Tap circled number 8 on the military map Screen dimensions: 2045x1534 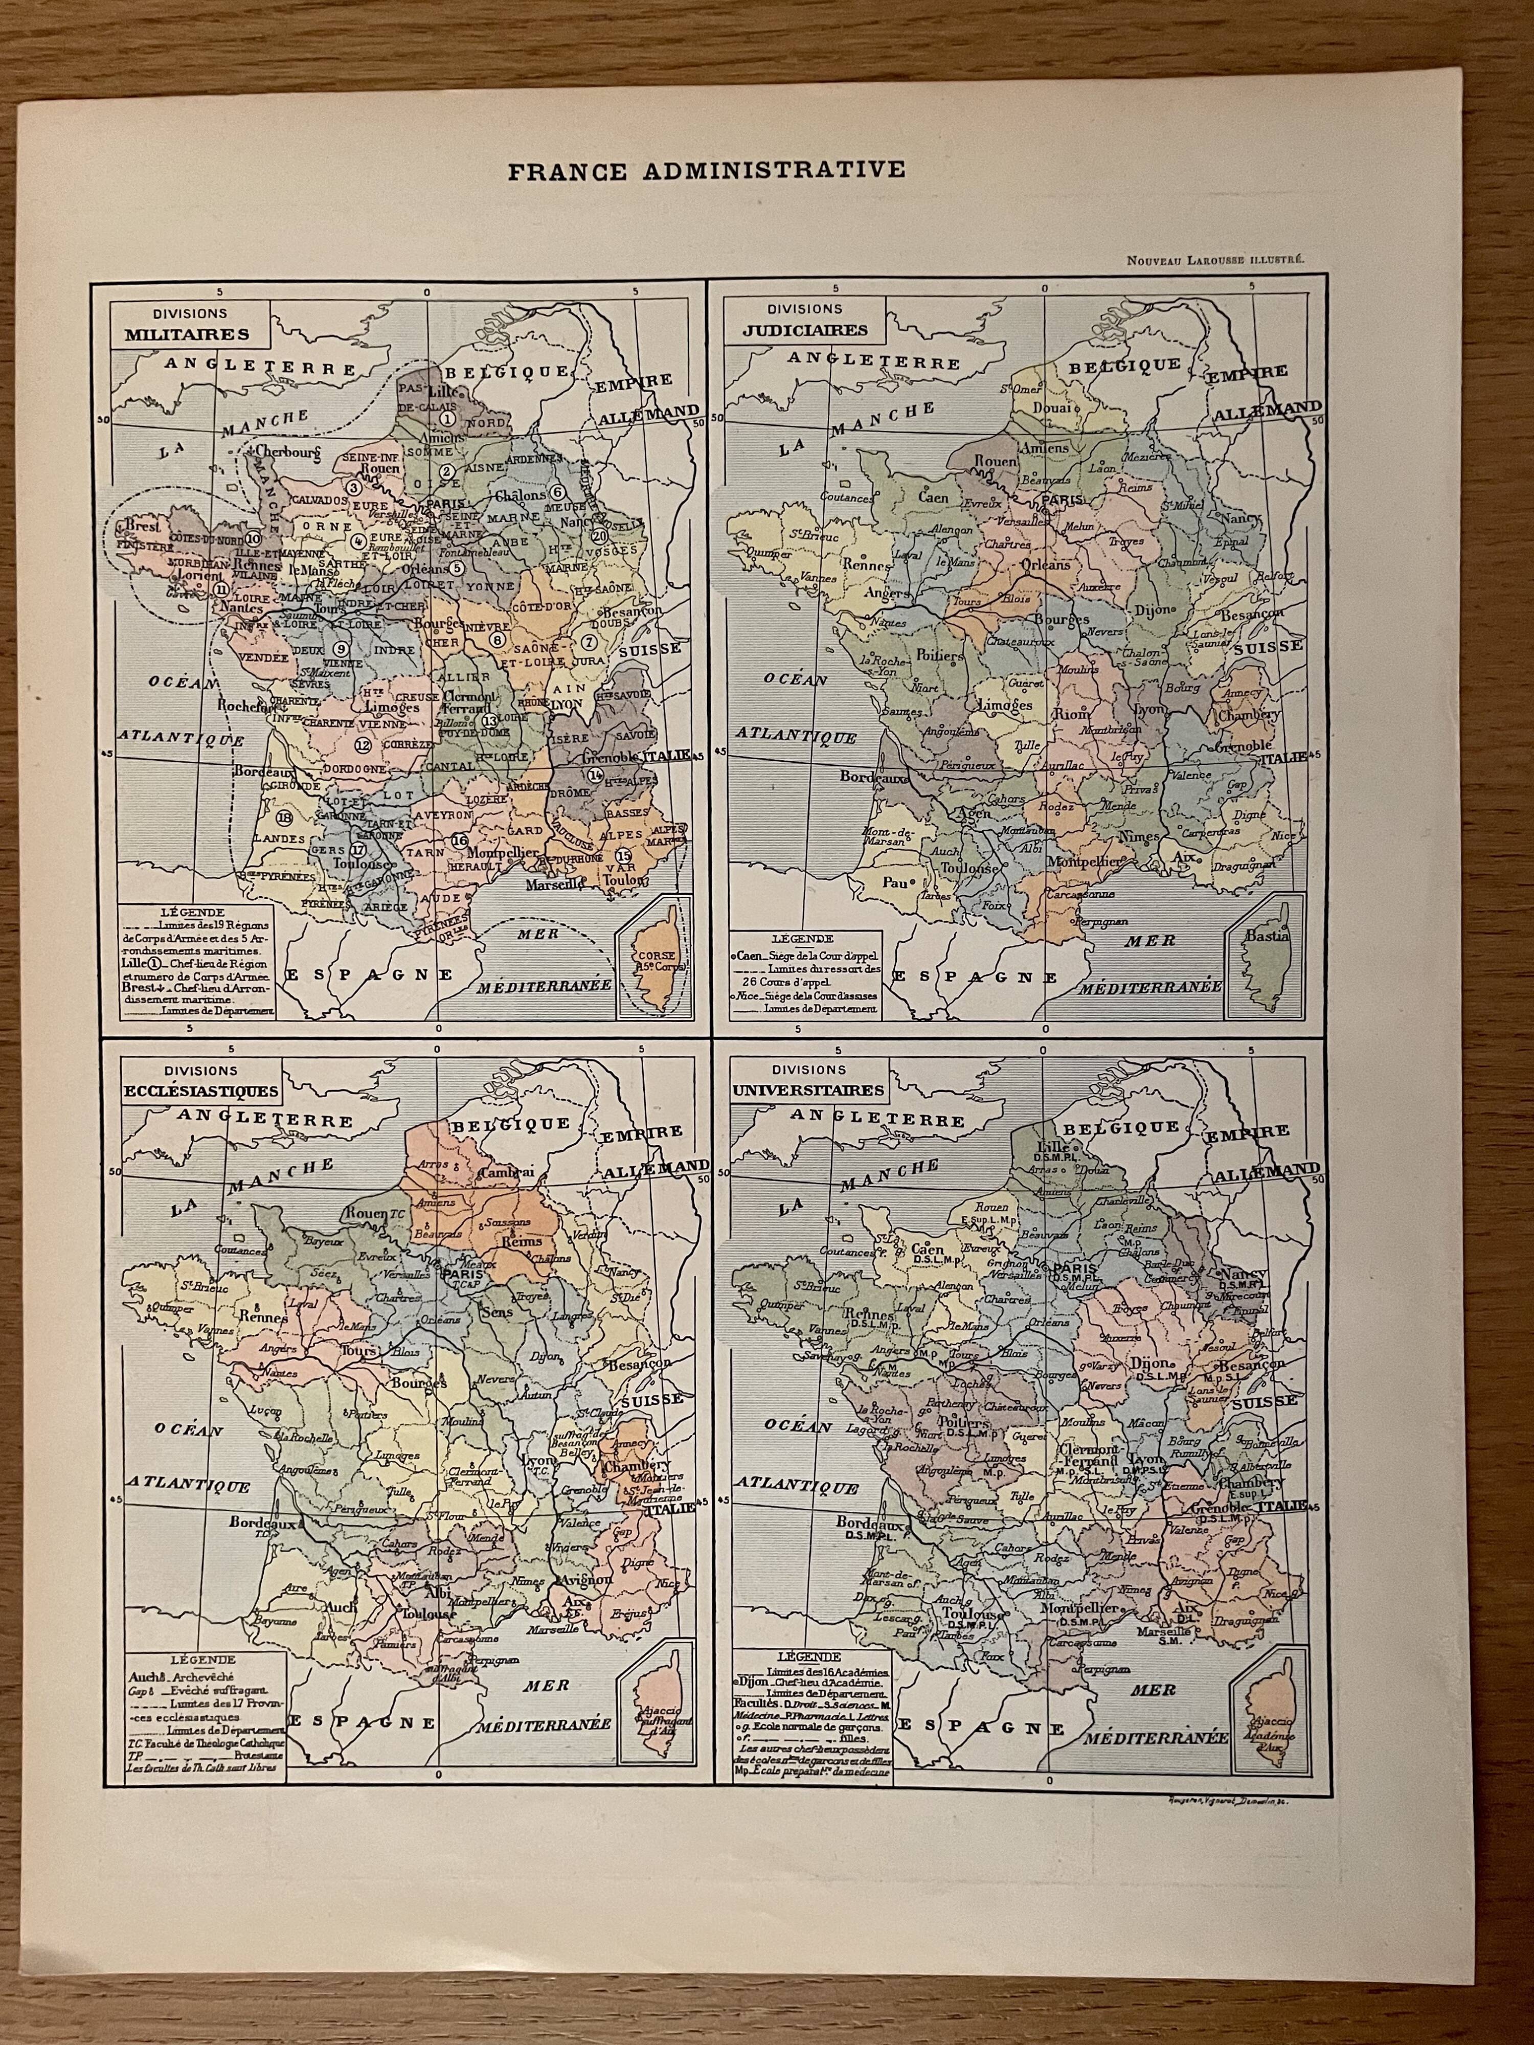point(499,638)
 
